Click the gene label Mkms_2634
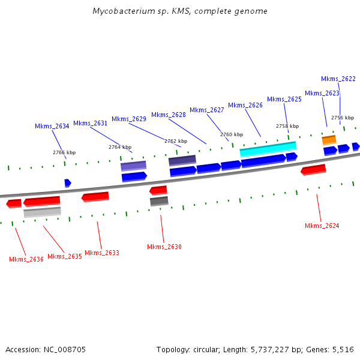(52, 126)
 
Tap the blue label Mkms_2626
(245, 105)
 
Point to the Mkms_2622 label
(338, 79)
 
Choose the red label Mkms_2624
(322, 226)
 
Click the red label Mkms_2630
(164, 247)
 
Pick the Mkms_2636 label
(26, 259)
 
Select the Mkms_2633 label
(102, 253)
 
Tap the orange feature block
(329, 140)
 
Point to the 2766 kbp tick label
(64, 152)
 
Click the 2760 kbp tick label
(232, 134)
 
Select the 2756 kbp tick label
(343, 118)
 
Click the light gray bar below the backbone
(42, 212)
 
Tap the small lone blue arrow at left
(68, 182)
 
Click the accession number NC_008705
(65, 349)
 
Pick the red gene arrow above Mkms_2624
(313, 170)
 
